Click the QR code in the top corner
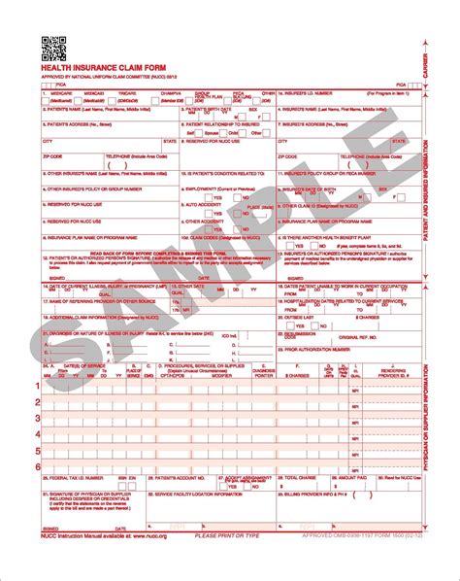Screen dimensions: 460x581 click(53, 46)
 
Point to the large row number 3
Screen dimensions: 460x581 click(39, 418)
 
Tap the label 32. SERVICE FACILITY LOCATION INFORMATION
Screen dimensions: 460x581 click(194, 494)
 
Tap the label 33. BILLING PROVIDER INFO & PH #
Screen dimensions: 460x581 click(320, 494)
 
